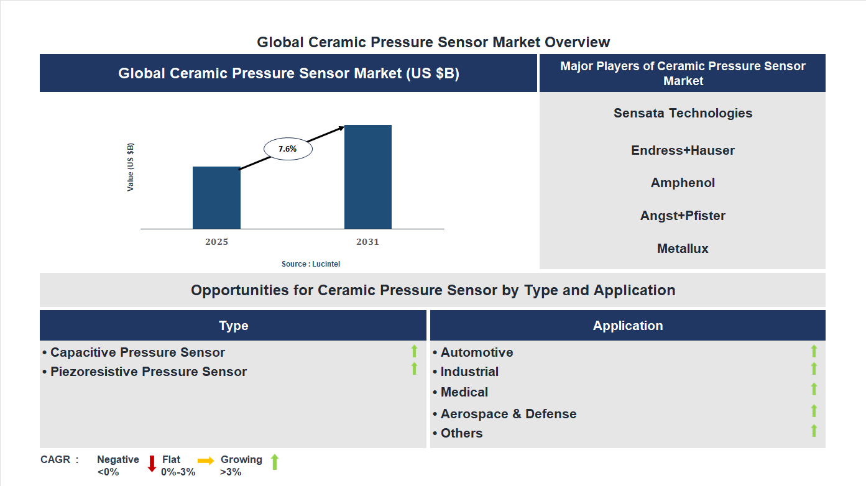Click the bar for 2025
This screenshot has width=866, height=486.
[x=216, y=198]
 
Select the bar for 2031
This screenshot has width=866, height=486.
[x=368, y=177]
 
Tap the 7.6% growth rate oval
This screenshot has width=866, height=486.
[x=288, y=149]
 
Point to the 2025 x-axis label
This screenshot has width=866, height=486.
[x=216, y=242]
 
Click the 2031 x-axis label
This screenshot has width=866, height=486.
[x=367, y=242]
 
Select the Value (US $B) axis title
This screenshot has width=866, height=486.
[x=131, y=167]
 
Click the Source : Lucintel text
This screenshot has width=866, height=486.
[x=311, y=264]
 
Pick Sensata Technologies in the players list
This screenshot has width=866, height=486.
[x=683, y=113]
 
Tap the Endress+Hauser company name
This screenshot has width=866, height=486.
[x=683, y=150]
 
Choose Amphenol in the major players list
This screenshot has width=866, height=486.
[x=683, y=183]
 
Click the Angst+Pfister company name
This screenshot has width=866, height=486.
[x=683, y=216]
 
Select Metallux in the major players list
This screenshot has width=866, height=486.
[x=683, y=249]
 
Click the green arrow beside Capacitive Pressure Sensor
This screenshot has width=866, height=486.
[x=414, y=351]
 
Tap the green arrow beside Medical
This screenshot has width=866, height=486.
[x=814, y=389]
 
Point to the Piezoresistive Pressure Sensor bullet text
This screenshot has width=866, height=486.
[x=148, y=372]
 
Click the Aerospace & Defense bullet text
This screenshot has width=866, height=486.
[x=508, y=414]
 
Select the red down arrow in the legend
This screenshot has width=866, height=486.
[x=152, y=464]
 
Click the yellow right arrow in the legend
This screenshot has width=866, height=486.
[x=206, y=461]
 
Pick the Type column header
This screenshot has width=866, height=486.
[x=233, y=326]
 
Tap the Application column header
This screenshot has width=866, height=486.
[x=627, y=326]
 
